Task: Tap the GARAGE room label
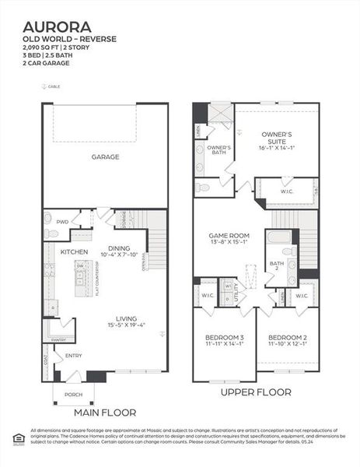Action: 105,157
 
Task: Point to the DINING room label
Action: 119,248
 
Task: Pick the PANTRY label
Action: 58,340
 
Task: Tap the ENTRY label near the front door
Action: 73,356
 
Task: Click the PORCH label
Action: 74,394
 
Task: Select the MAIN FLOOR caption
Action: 104,412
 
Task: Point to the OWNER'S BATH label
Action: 218,150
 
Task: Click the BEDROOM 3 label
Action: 224,337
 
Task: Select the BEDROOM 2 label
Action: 287,337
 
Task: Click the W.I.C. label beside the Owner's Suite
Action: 285,190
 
